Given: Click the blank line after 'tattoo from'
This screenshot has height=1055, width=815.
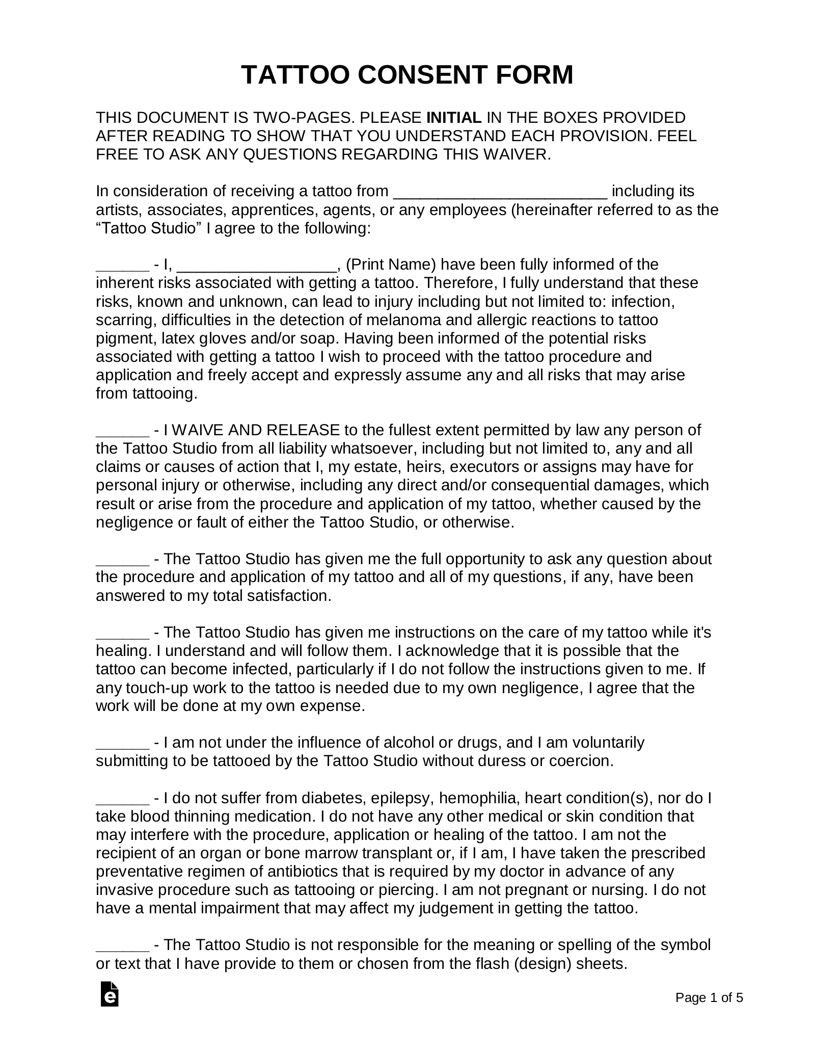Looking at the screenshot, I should (x=501, y=193).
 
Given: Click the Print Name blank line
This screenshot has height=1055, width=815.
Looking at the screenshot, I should (x=259, y=266).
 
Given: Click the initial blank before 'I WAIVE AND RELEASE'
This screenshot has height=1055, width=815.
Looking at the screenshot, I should (x=122, y=432).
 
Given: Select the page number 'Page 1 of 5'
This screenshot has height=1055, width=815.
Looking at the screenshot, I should (x=709, y=1012).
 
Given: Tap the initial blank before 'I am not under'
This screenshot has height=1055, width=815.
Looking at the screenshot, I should (x=122, y=744).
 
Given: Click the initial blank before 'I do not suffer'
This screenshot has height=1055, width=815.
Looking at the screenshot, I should (x=122, y=799).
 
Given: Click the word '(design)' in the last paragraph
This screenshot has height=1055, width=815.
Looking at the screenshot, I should (x=545, y=964).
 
